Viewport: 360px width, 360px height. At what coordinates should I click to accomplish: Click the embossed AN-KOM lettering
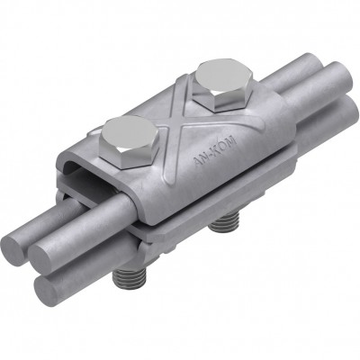(x=214, y=151)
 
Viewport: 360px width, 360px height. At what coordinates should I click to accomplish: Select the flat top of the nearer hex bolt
(x=130, y=133)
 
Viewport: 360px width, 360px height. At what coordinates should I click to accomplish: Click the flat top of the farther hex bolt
(x=222, y=77)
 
